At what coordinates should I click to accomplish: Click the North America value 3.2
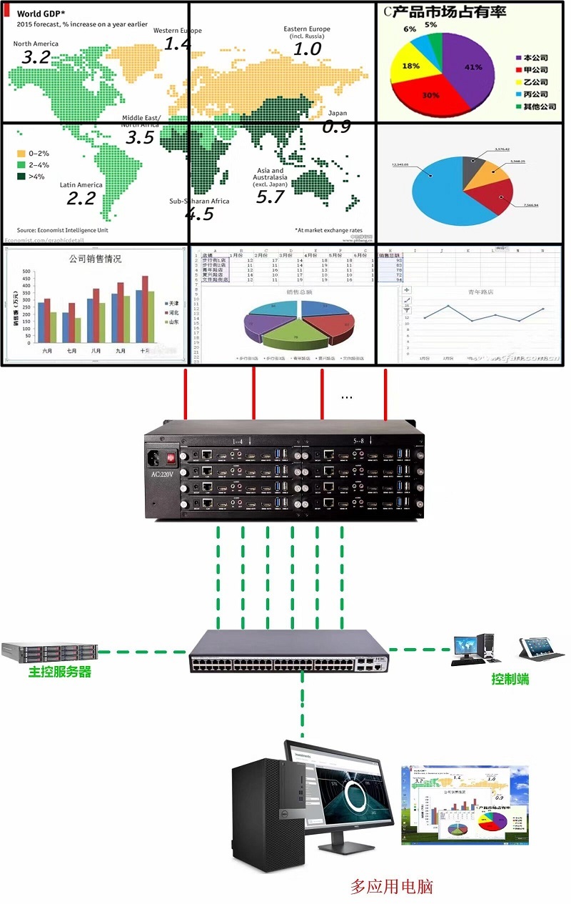click(36, 58)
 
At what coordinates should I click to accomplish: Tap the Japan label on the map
click(338, 113)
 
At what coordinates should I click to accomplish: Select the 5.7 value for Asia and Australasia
click(271, 197)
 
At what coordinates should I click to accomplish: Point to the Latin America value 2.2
click(81, 198)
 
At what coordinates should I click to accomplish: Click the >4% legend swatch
click(21, 177)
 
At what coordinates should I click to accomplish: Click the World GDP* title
click(41, 13)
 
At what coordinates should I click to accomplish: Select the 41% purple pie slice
click(468, 64)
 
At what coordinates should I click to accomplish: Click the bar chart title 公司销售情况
click(95, 258)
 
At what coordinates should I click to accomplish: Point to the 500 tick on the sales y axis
click(26, 272)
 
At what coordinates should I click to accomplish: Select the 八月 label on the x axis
click(96, 351)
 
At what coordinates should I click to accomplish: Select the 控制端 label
click(510, 679)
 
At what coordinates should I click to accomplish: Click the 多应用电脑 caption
click(392, 887)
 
